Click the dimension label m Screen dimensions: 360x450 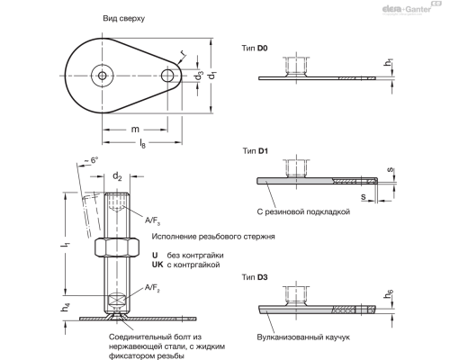click(x=135, y=129)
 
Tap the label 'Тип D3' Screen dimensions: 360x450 click(x=256, y=277)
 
